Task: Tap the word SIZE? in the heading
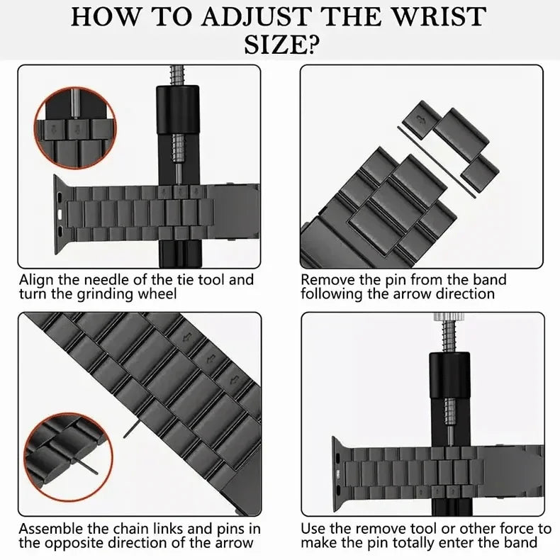281,45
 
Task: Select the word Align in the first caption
35,280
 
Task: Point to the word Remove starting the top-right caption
325,280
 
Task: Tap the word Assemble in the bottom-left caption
49,529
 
